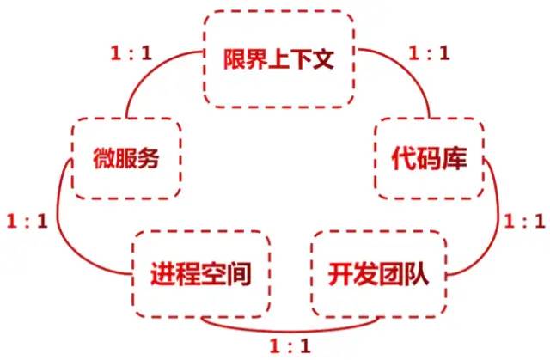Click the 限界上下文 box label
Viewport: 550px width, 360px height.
pos(278,59)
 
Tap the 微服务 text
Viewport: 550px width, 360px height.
pos(126,158)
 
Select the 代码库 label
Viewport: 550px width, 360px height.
pos(430,158)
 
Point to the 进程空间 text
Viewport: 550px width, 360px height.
pos(201,274)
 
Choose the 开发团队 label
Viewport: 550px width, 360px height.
pos(378,274)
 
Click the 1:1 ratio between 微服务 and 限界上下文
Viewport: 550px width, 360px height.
pos(131,53)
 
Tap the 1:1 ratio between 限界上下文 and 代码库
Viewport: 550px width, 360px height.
pos(430,53)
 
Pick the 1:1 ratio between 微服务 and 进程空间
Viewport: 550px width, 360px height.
pos(27,221)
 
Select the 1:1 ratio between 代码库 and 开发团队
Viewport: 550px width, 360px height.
pos(525,221)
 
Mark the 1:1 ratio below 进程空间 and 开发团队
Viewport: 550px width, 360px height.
pos(290,346)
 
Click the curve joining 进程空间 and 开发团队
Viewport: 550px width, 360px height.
pos(290,331)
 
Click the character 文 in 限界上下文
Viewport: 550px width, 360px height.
pos(323,59)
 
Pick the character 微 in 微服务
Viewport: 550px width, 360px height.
pos(104,158)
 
